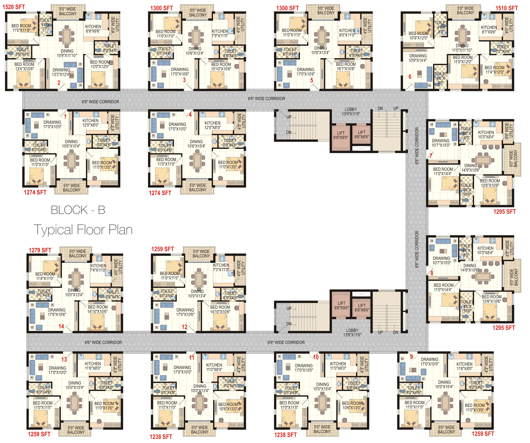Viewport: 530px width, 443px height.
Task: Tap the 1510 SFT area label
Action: (506, 8)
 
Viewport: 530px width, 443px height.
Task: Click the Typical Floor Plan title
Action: (83, 230)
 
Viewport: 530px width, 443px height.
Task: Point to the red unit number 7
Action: (431, 156)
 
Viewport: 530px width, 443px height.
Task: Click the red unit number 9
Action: (411, 357)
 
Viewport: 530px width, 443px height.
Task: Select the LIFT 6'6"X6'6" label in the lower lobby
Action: (362, 308)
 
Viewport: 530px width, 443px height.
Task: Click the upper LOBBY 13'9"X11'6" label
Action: (351, 112)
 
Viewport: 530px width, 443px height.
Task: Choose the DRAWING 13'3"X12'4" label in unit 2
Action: (61, 72)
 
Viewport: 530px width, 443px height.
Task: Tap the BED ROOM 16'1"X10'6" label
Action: (346, 66)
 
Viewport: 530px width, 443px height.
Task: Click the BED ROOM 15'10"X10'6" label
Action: (221, 67)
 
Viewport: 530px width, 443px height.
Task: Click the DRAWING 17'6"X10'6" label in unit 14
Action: (57, 312)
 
